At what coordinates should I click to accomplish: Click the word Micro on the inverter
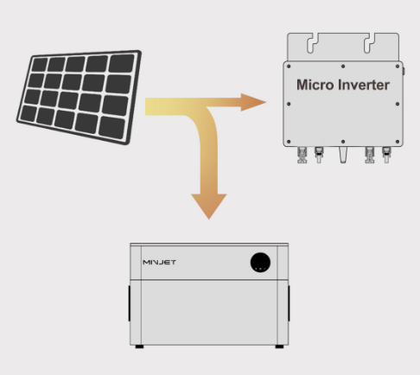click(x=315, y=85)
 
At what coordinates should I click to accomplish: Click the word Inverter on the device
click(x=364, y=85)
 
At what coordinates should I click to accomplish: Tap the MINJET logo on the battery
click(x=159, y=263)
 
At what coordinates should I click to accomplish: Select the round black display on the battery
click(x=260, y=263)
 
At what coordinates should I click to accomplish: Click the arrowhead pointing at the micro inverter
click(x=253, y=102)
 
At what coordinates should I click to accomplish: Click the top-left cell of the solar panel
click(x=40, y=64)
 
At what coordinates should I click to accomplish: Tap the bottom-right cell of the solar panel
click(x=111, y=129)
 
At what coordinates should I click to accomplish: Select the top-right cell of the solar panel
click(x=121, y=64)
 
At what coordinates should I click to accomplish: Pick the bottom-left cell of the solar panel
click(x=28, y=113)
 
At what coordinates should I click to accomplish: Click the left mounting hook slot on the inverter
click(x=313, y=43)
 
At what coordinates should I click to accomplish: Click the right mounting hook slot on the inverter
click(x=369, y=43)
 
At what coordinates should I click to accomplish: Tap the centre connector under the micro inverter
click(x=343, y=155)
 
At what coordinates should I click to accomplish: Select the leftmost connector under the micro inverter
click(x=302, y=155)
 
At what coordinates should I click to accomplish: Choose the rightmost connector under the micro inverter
click(x=386, y=155)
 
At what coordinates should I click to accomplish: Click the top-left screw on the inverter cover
click(x=289, y=67)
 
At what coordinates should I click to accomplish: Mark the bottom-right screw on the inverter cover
click(x=398, y=142)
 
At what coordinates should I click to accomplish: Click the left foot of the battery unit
click(x=139, y=346)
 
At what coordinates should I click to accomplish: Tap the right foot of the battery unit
click(x=279, y=346)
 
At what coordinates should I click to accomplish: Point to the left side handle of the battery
click(x=129, y=303)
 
